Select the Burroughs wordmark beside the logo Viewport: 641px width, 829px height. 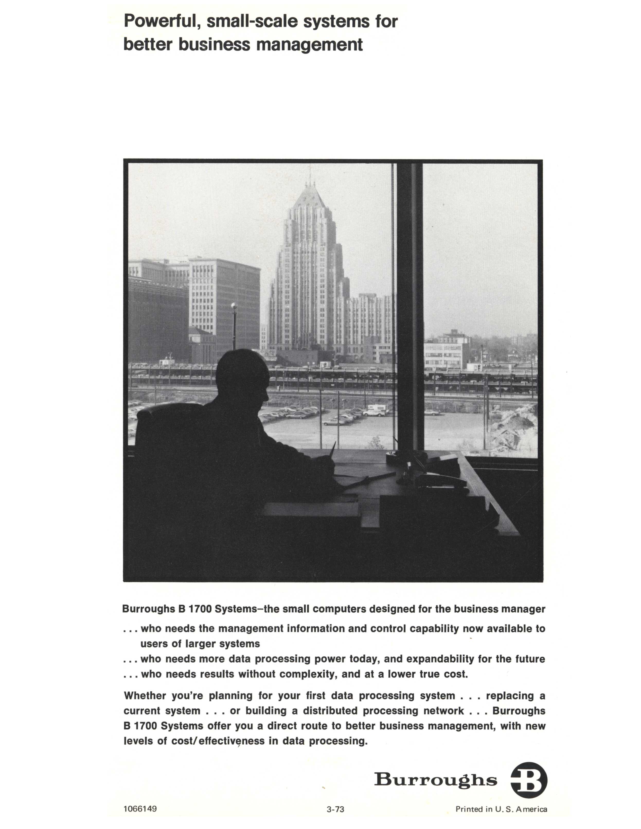(x=435, y=780)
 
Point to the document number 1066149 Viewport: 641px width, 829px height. (x=140, y=808)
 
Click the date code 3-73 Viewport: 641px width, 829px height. (x=335, y=809)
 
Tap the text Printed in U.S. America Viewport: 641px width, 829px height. (x=501, y=809)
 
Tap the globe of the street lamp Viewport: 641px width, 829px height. (x=234, y=306)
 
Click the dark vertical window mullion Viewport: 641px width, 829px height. (x=409, y=304)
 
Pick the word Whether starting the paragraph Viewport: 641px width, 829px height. (x=145, y=696)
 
